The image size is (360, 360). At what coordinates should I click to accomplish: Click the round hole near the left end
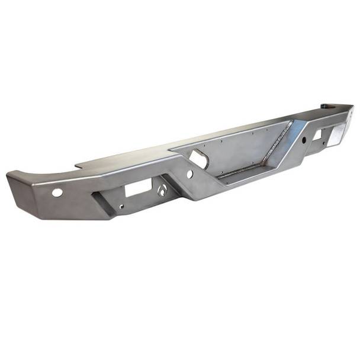tap(57, 192)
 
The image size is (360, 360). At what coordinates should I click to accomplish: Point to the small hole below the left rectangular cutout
tap(121, 207)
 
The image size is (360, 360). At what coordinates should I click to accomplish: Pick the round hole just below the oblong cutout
tap(189, 174)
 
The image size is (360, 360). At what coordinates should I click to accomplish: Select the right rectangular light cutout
tap(317, 136)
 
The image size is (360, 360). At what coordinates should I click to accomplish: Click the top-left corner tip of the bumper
tap(8, 174)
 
